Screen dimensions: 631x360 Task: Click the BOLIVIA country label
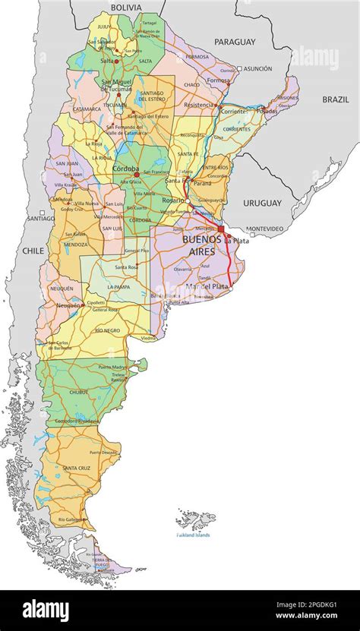126,7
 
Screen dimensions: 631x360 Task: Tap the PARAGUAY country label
235,42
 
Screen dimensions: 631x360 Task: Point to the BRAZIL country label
336,99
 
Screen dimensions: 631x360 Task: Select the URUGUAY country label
262,203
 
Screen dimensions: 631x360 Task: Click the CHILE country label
33,250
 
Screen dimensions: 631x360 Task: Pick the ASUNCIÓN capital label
257,68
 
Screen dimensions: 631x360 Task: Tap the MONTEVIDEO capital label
265,229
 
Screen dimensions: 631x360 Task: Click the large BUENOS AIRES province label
202,244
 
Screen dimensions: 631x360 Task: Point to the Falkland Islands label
193,535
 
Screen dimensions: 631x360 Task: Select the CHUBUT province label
79,393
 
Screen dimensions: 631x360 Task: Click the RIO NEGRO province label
108,330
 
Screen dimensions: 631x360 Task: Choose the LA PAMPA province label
118,286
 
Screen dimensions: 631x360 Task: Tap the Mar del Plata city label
206,286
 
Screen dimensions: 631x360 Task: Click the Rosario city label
172,200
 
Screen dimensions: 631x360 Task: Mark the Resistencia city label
200,105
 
